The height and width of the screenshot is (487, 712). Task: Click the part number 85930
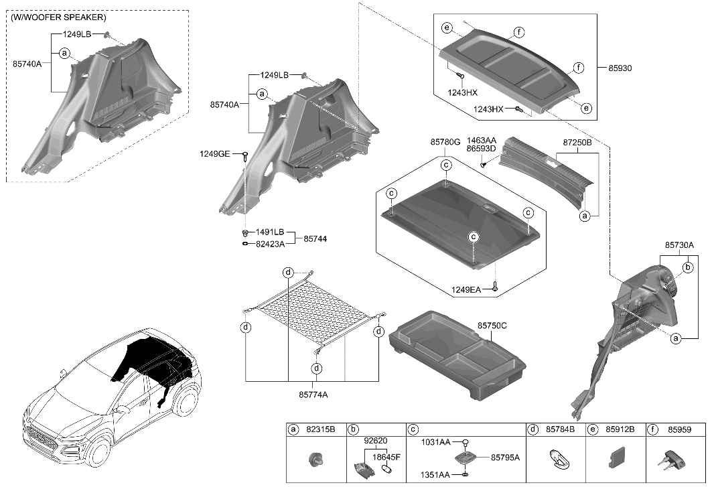tap(620, 68)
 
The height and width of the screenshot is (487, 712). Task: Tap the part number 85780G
tap(445, 143)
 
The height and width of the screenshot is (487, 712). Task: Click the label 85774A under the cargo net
tap(312, 395)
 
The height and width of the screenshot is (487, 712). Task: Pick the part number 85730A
tap(679, 245)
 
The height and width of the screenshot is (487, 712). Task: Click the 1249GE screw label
tap(214, 155)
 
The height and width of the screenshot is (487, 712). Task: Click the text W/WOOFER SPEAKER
tap(58, 17)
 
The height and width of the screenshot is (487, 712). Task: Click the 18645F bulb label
tap(386, 457)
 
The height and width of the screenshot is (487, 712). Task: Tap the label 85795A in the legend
tap(505, 457)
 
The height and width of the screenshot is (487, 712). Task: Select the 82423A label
tap(270, 244)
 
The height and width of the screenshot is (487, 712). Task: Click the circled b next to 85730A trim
tap(687, 267)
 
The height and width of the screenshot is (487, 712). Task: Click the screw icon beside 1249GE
tap(246, 156)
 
